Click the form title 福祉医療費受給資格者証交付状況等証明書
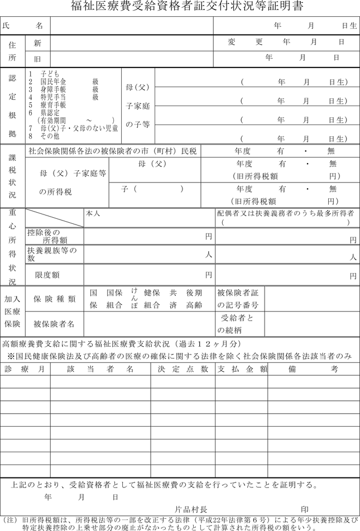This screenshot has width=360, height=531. [x=180, y=7]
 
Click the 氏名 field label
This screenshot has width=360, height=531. [x=22, y=26]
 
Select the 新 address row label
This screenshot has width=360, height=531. [x=37, y=43]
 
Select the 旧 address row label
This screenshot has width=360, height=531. [x=37, y=58]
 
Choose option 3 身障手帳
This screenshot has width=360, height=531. [x=50, y=89]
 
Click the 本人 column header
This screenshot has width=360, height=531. [x=93, y=213]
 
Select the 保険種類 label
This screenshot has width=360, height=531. [x=54, y=299]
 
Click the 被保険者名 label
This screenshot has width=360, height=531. [x=54, y=324]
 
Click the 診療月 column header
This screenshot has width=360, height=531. [x=25, y=369]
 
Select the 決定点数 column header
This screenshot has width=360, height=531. [x=183, y=369]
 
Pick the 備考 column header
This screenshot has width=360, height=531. [x=313, y=369]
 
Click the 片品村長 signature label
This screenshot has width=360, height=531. [x=191, y=509]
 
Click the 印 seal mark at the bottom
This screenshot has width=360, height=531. [x=304, y=509]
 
